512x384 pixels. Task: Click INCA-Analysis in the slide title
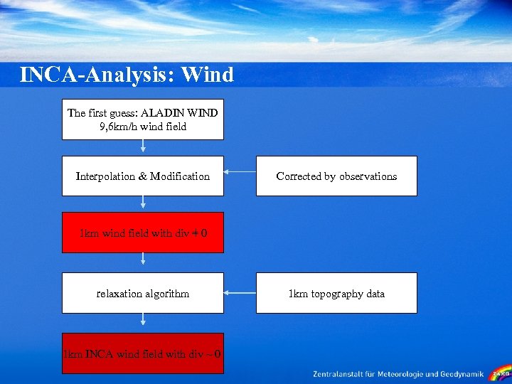[x=97, y=75]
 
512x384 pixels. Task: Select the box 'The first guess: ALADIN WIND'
[x=143, y=119]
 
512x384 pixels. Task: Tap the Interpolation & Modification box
[x=143, y=176]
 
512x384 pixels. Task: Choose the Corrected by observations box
[x=336, y=176]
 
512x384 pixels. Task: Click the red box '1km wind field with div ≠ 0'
[x=143, y=233]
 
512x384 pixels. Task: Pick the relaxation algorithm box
[x=143, y=293]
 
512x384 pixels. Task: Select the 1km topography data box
[x=336, y=293]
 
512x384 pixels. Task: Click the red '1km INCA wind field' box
[x=143, y=353]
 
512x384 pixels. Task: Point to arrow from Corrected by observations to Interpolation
[x=240, y=171]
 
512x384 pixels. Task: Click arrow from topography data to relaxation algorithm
[x=240, y=292]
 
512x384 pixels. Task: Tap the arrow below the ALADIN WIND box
[x=143, y=147]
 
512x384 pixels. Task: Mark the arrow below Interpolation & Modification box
[x=143, y=203]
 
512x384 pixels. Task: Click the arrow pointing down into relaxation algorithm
[x=143, y=262]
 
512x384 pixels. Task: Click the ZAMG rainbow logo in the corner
[x=500, y=373]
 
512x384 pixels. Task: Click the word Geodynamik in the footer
[x=461, y=374]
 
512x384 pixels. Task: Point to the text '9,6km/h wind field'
[x=143, y=127]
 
